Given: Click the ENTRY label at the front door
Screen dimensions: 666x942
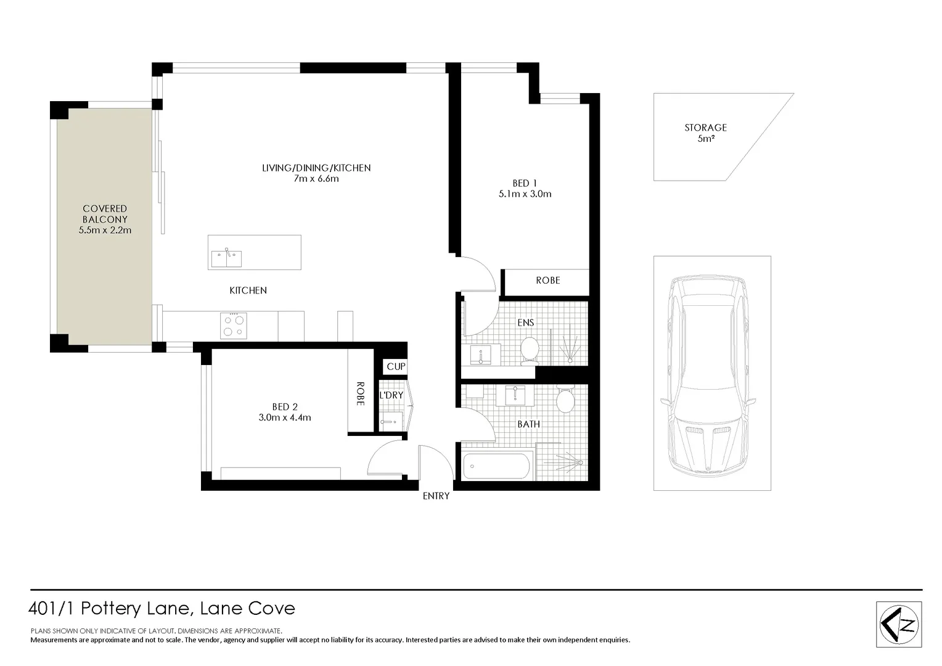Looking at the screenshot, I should (x=436, y=496).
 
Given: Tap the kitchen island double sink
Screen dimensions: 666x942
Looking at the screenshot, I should (x=226, y=258).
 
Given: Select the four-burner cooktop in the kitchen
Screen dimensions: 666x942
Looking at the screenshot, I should (x=234, y=326).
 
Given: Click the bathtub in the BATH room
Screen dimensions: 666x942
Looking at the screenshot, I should (x=496, y=466).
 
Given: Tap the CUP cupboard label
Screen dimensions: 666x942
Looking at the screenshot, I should (x=396, y=366).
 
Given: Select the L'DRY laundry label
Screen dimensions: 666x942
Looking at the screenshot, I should (x=391, y=395).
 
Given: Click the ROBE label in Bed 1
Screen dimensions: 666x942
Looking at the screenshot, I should (x=547, y=281).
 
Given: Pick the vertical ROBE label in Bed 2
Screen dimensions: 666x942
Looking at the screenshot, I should (x=360, y=393).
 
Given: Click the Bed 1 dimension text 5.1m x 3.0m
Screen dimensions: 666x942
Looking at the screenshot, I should (x=525, y=194).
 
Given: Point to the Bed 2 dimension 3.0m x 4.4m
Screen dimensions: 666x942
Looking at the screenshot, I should (x=285, y=417).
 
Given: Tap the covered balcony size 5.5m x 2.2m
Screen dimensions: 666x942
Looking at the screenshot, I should (x=105, y=231).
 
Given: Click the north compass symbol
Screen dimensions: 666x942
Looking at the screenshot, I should (x=899, y=624).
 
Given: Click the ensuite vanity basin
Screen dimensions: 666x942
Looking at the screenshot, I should (x=480, y=355).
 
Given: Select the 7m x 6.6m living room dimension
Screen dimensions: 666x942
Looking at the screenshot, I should (x=316, y=179).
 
